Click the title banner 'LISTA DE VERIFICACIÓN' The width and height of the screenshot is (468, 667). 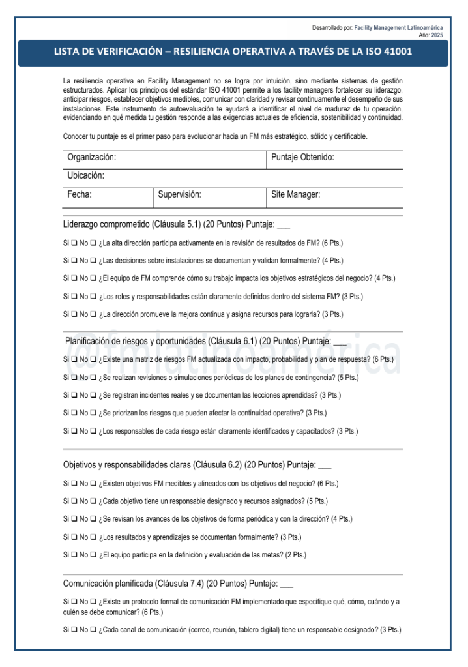pyautogui.click(x=233, y=52)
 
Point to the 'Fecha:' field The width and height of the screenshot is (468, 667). pyautogui.click(x=80, y=194)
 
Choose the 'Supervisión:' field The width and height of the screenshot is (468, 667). pyautogui.click(x=180, y=194)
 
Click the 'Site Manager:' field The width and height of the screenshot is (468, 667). pyautogui.click(x=295, y=194)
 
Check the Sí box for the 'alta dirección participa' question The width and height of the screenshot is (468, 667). pyautogui.click(x=74, y=243)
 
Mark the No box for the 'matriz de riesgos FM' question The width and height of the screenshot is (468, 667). pyautogui.click(x=94, y=359)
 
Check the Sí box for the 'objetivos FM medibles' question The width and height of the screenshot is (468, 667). pyautogui.click(x=74, y=484)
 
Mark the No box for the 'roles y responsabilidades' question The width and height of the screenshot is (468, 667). pyautogui.click(x=94, y=297)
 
